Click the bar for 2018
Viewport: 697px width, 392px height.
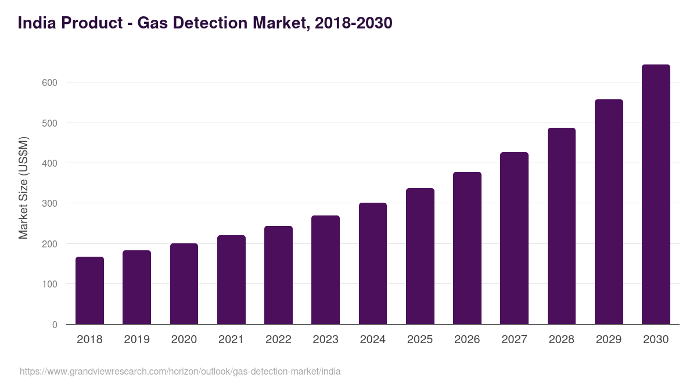89,290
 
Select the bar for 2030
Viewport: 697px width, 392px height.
656,195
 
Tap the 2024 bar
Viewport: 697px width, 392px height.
372,264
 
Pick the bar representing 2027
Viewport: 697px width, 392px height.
514,238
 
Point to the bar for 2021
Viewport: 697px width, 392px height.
231,280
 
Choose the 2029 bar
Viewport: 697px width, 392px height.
609,212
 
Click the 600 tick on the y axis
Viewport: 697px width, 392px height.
50,82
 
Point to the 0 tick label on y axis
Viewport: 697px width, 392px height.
55,325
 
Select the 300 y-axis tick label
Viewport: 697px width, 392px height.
50,203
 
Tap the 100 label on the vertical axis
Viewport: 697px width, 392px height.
50,284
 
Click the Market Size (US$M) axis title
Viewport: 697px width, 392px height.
23,188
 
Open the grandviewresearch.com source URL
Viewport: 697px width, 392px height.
180,371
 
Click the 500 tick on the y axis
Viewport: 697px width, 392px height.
50,123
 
